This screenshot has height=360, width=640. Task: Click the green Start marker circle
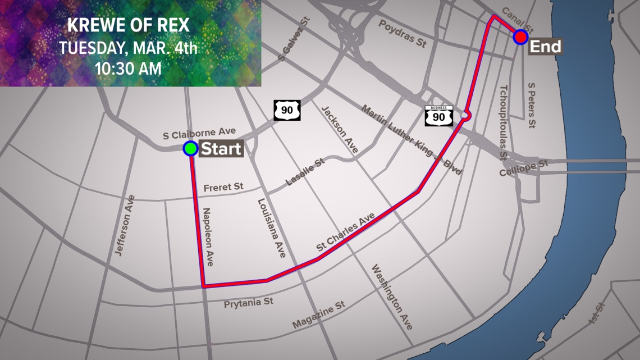pyautogui.click(x=191, y=148)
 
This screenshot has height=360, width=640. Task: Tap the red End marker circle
pyautogui.click(x=520, y=37)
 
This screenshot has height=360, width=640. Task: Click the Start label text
pyautogui.click(x=221, y=149)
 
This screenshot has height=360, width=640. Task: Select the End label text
pyautogui.click(x=546, y=46)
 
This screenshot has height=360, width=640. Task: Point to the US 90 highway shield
pyautogui.click(x=287, y=110)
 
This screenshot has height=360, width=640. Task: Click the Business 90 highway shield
pyautogui.click(x=438, y=115)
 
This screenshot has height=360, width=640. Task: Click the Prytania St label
pyautogui.click(x=248, y=302)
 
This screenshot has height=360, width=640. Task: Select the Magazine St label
pyautogui.click(x=318, y=315)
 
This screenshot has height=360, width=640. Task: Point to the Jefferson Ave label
pyautogui.click(x=125, y=226)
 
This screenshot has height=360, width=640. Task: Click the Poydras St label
pyautogui.click(x=401, y=34)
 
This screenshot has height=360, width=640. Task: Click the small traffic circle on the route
pyautogui.click(x=465, y=115)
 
